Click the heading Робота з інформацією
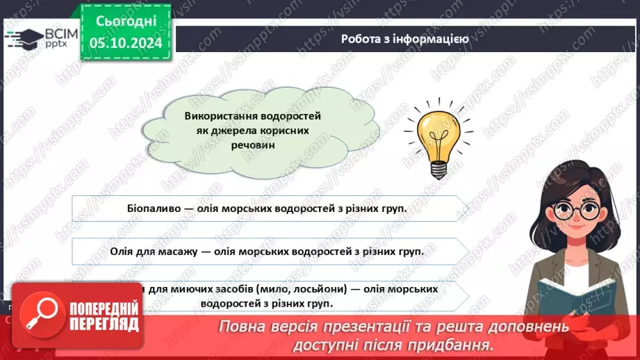coord(404,39)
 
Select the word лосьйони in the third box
coord(319,288)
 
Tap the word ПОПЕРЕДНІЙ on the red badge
coord(101,309)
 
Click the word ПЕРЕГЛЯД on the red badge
coord(101,325)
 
